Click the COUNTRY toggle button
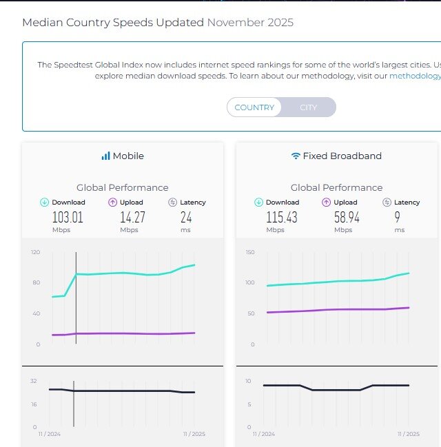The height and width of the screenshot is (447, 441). pyautogui.click(x=254, y=107)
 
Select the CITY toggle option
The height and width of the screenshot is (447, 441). pyautogui.click(x=308, y=107)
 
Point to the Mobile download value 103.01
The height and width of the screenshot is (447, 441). pyautogui.click(x=68, y=218)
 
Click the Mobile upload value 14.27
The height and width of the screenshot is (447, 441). pyautogui.click(x=129, y=218)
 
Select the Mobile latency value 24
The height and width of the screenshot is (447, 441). pyautogui.click(x=187, y=218)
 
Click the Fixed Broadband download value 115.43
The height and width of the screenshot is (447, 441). pyautogui.click(x=281, y=218)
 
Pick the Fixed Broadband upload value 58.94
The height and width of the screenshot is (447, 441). pyautogui.click(x=343, y=218)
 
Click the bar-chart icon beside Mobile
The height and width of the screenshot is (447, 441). pyautogui.click(x=105, y=156)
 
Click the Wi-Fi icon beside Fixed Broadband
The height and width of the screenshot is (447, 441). pyautogui.click(x=296, y=156)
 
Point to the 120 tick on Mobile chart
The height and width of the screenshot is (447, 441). pyautogui.click(x=35, y=252)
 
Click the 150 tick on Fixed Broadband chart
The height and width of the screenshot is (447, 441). pyautogui.click(x=250, y=252)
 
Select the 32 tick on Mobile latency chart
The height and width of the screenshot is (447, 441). pyautogui.click(x=34, y=380)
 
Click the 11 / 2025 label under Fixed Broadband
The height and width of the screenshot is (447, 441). pyautogui.click(x=408, y=434)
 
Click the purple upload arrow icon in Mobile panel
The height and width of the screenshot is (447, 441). pyautogui.click(x=113, y=202)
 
